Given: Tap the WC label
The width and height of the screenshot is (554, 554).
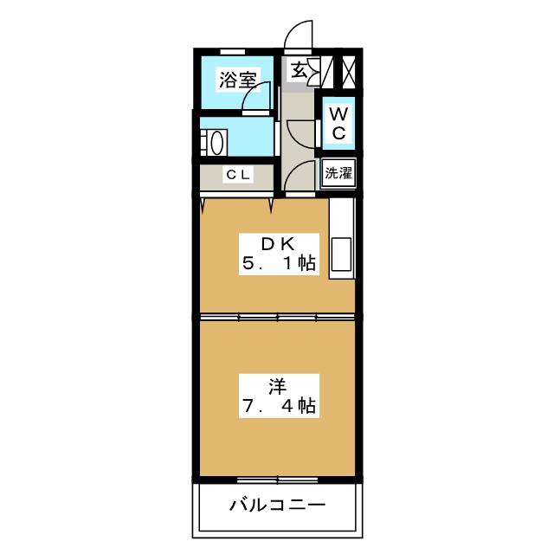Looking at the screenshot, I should coord(339,123).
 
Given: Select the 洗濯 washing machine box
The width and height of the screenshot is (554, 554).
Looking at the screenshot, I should coord(338,171).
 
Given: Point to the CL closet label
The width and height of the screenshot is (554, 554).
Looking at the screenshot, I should coord(237,175).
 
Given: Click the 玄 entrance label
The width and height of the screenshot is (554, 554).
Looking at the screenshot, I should coord(299,70).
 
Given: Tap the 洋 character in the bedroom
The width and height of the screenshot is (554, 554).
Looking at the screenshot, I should coord(276,383).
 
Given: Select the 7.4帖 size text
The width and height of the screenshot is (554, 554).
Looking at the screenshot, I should coord(276,404).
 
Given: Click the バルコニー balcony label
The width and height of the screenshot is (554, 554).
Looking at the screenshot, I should coord(277,505).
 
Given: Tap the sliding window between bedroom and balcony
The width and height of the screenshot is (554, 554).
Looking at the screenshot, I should coord(277,478).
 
